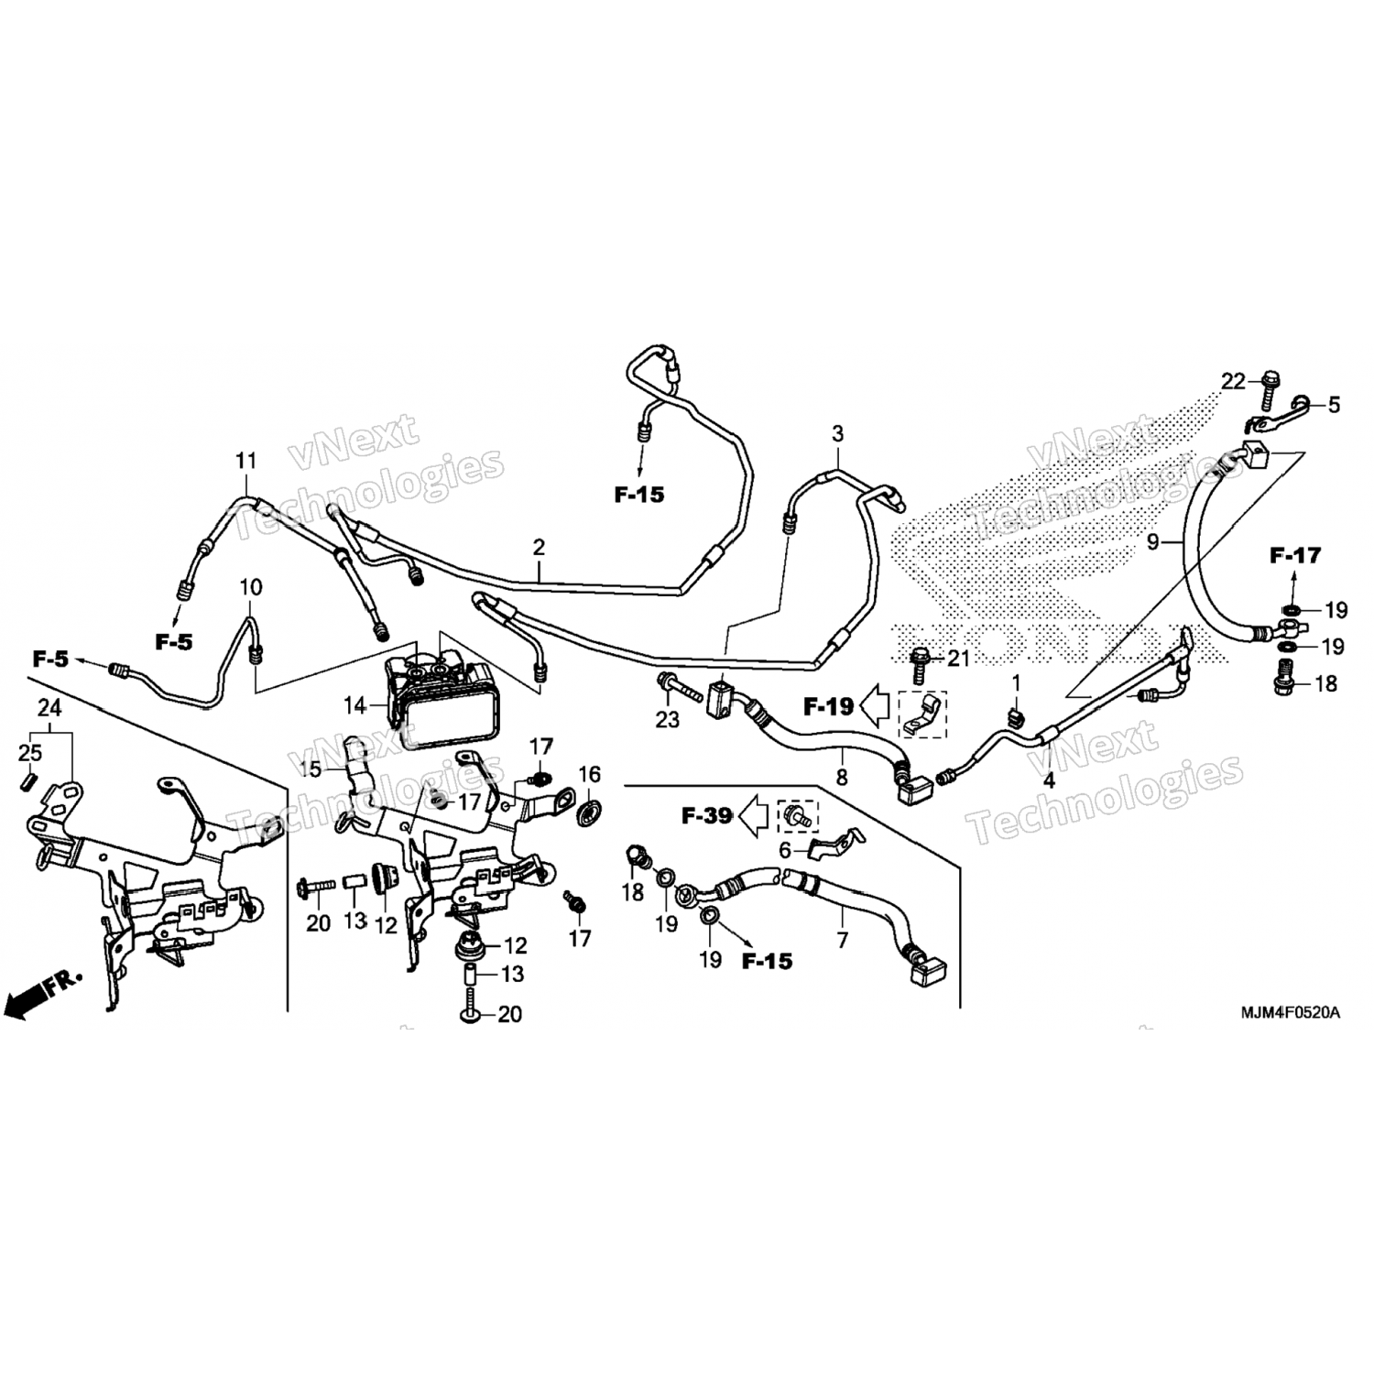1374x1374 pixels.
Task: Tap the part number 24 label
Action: pyautogui.click(x=49, y=707)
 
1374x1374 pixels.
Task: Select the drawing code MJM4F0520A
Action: pyautogui.click(x=1290, y=1013)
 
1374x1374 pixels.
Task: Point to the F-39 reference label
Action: pyautogui.click(x=707, y=814)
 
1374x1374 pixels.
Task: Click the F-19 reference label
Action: pyautogui.click(x=829, y=706)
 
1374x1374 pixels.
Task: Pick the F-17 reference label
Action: pyautogui.click(x=1295, y=555)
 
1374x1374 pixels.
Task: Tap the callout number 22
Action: pyautogui.click(x=1234, y=382)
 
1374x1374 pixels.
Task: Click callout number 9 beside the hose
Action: pyautogui.click(x=1153, y=542)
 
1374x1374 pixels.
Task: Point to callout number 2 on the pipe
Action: pyautogui.click(x=539, y=548)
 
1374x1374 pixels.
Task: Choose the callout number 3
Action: pyautogui.click(x=836, y=433)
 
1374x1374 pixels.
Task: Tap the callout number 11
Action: pyautogui.click(x=245, y=461)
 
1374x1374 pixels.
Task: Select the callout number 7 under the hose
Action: pyautogui.click(x=843, y=940)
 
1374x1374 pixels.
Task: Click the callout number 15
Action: pyautogui.click(x=311, y=769)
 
